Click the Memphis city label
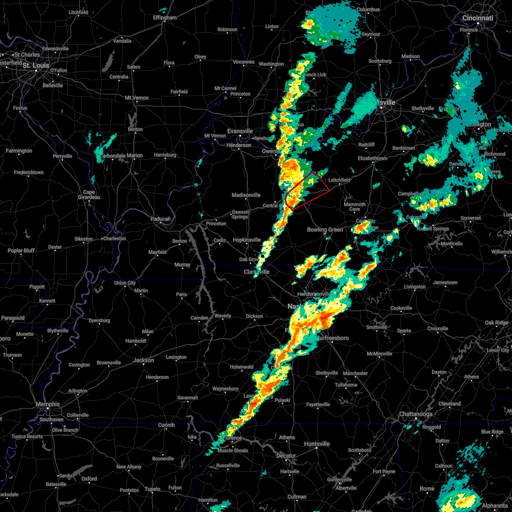click(x=48, y=404)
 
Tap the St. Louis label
click(x=36, y=65)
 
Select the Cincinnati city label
click(x=477, y=18)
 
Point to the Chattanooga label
click(x=416, y=414)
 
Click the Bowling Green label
click(x=325, y=230)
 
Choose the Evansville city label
click(x=240, y=131)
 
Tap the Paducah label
click(x=160, y=219)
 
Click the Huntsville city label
click(x=317, y=444)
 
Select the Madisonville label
click(x=246, y=195)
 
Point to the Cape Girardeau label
click(x=89, y=195)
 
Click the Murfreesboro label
click(x=333, y=338)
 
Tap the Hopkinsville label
click(x=247, y=240)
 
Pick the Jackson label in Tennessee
click(x=143, y=360)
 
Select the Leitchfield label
click(x=339, y=180)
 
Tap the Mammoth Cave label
click(x=355, y=207)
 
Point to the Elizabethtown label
click(x=372, y=158)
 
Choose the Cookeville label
click(x=401, y=308)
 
